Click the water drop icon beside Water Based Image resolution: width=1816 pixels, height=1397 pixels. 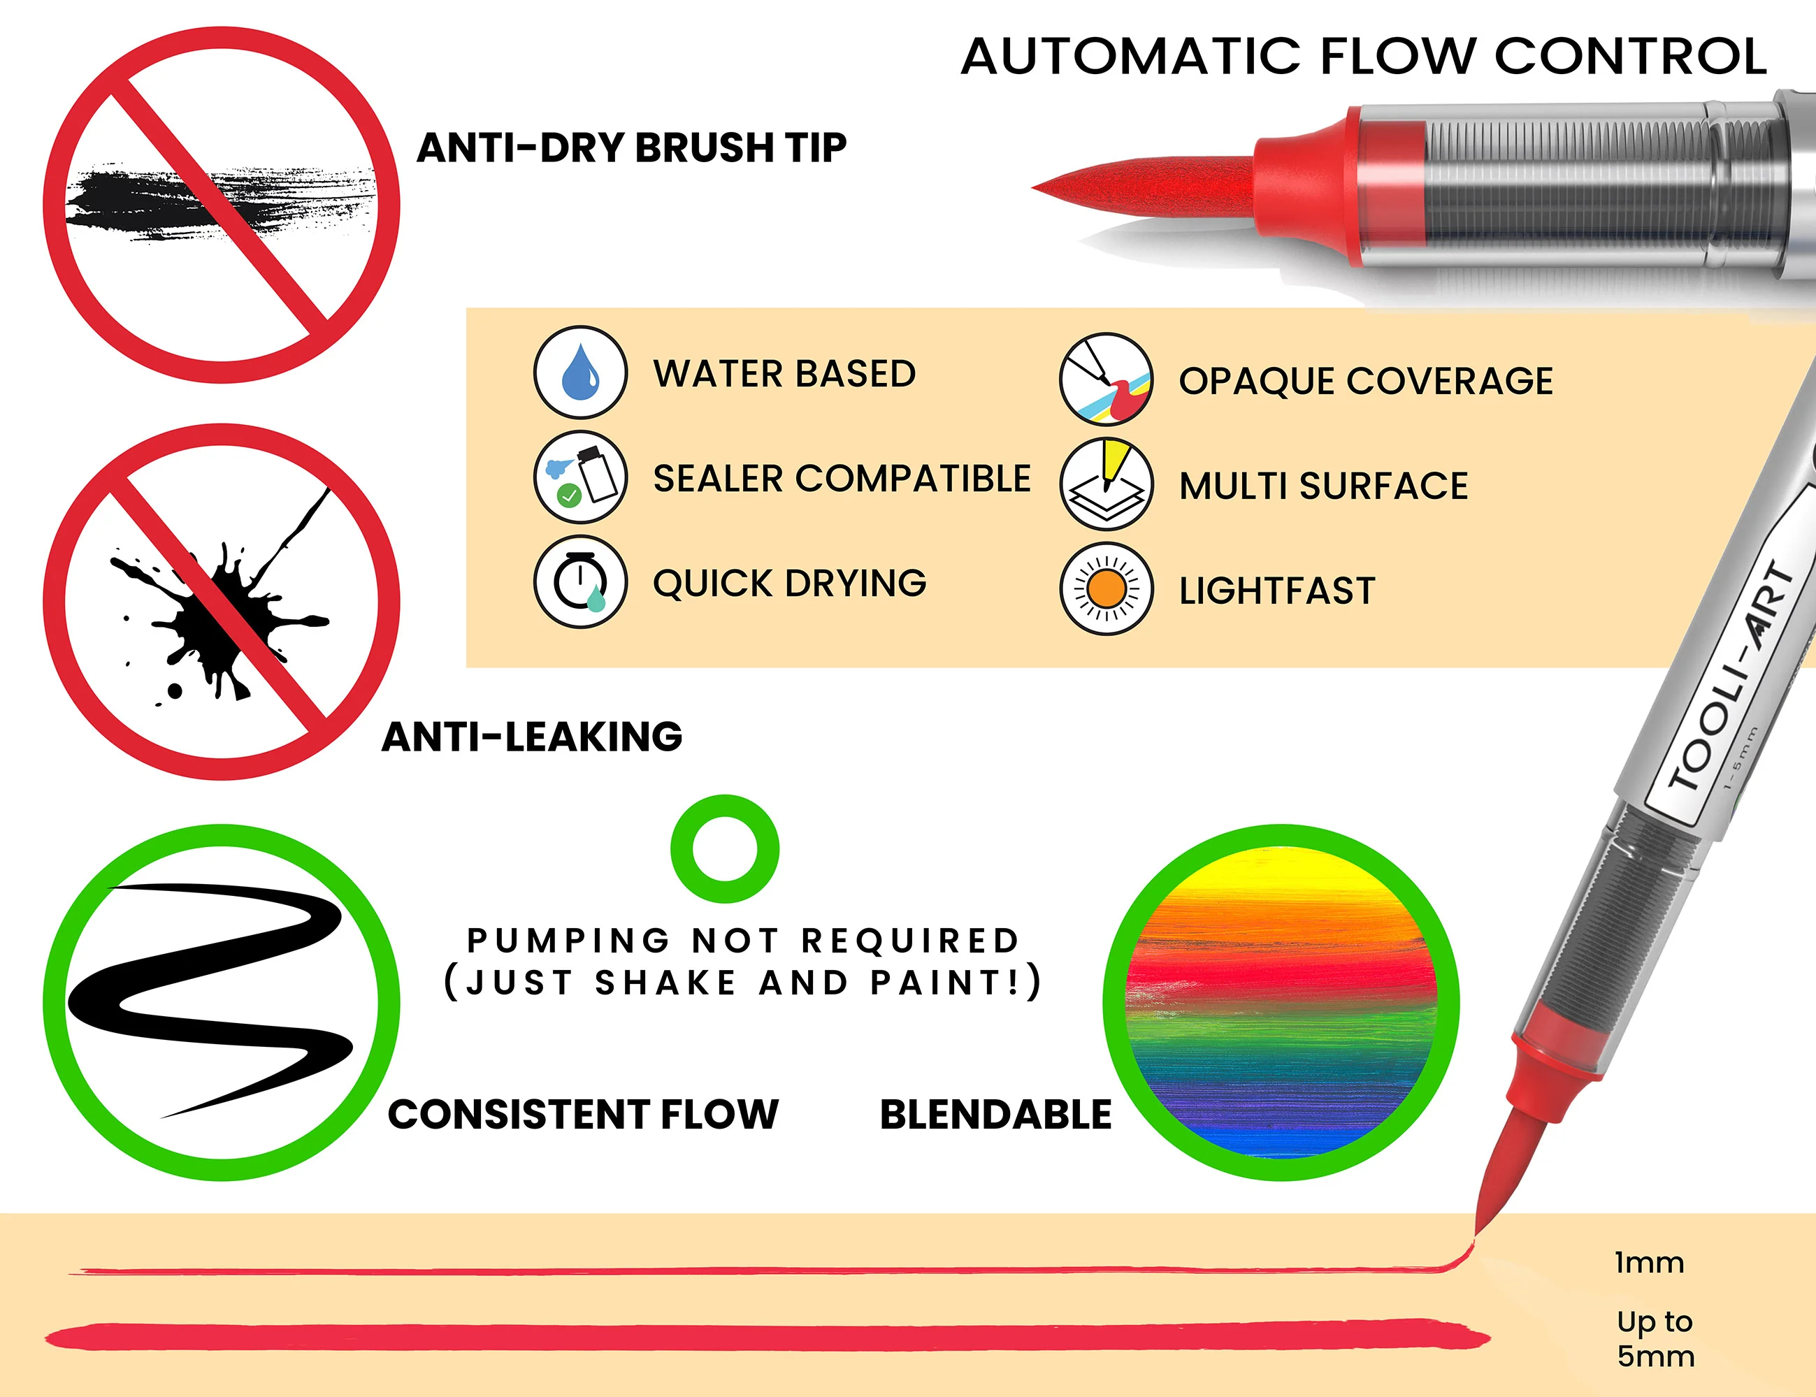coord(580,372)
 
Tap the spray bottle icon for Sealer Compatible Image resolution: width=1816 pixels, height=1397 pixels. coord(580,477)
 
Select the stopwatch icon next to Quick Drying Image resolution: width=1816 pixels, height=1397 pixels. coord(580,582)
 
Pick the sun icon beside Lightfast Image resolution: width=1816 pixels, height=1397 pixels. coord(1106,588)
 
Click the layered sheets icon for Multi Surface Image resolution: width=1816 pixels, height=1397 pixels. coord(1106,484)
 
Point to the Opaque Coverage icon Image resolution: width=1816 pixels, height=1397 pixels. coord(1106,379)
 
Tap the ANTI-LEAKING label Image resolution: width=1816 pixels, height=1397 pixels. coord(532,737)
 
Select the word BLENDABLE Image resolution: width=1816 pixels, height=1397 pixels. coord(995,1114)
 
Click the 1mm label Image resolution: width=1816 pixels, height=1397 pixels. coord(1649,1263)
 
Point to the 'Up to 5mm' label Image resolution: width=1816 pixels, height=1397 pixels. coord(1655,1339)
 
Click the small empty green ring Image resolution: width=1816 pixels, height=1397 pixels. coord(725,798)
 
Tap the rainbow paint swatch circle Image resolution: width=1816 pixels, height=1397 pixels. coord(1281,1002)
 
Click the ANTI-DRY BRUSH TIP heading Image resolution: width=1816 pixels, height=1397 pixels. coord(632,148)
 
